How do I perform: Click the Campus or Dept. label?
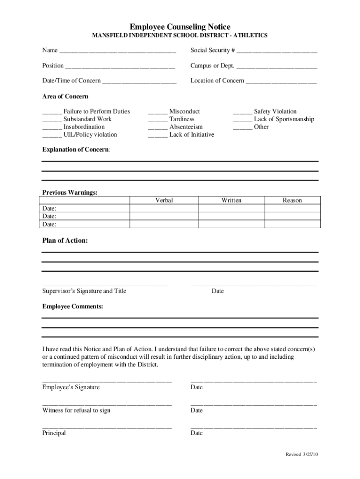click(x=212, y=65)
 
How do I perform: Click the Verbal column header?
click(x=164, y=200)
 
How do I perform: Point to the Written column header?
click(x=231, y=200)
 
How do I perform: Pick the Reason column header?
click(x=292, y=200)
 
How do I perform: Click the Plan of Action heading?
click(x=65, y=240)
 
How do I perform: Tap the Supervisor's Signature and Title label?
click(x=84, y=291)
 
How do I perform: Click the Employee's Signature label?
click(x=71, y=387)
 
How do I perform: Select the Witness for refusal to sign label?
click(x=77, y=410)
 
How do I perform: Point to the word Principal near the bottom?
click(x=54, y=433)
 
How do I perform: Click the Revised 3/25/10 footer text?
click(x=302, y=454)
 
